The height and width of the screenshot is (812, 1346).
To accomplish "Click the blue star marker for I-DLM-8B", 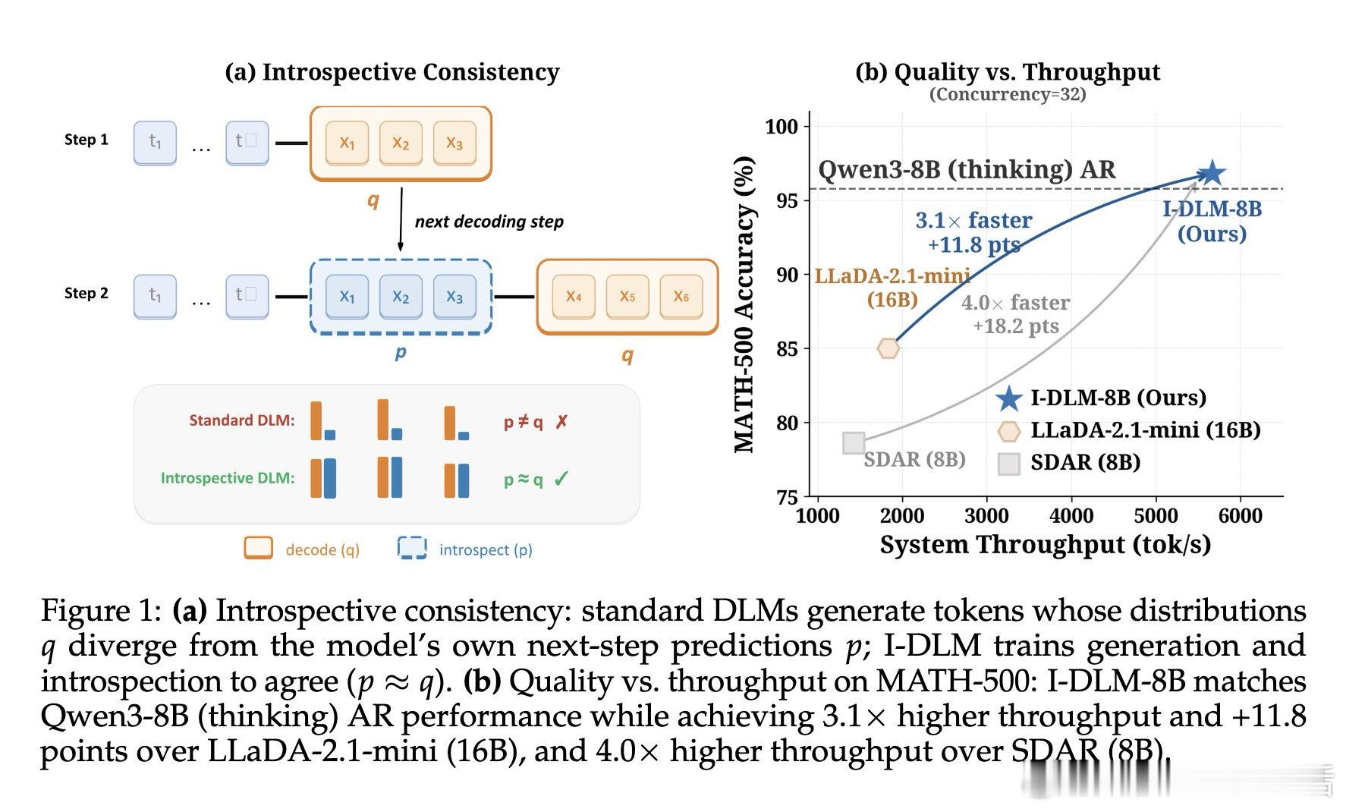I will coord(1212,173).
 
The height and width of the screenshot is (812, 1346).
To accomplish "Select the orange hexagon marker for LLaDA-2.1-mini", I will coord(888,348).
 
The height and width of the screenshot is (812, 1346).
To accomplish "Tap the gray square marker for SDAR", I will coord(854,443).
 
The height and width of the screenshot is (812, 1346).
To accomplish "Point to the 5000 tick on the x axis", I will coord(1156,516).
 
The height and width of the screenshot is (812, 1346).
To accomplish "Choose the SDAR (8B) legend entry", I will coord(1085,462).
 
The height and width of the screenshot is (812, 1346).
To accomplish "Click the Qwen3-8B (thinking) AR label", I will coord(967,169).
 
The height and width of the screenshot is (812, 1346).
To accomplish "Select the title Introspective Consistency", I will coord(392,72).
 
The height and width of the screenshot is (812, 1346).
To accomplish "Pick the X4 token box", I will coord(574,296).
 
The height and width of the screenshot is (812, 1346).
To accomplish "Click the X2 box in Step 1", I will coord(401,143).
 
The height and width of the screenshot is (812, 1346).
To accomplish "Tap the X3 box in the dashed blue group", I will coord(454,296).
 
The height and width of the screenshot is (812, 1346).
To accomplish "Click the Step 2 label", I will coord(86,294).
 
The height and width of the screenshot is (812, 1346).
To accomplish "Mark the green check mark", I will coord(561,479).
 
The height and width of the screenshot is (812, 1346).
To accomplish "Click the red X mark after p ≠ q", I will coord(561,422).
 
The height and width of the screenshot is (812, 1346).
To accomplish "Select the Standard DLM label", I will coord(242,420).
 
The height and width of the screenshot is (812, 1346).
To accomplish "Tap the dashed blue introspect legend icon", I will coord(412,548).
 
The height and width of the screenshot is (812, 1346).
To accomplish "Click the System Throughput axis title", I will coord(1045,545).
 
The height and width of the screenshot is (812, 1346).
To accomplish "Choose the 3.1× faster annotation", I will coord(973,220).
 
